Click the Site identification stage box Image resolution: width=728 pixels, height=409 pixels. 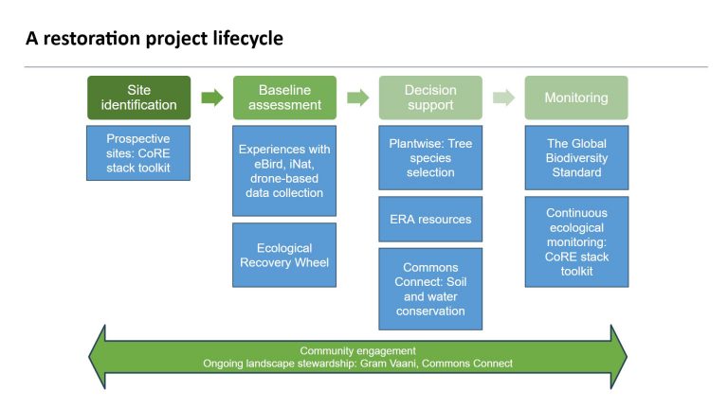tap(139, 98)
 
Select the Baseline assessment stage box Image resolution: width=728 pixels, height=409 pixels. tap(285, 98)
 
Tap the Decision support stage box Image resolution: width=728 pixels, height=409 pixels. tap(430, 98)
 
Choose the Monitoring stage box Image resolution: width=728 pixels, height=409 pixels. tap(576, 98)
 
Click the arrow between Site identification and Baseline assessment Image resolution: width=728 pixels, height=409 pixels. tap(212, 98)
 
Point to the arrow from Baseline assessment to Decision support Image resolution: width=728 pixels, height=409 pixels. tap(358, 98)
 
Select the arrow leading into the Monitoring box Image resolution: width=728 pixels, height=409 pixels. tap(503, 98)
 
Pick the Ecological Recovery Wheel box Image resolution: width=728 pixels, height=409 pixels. tap(285, 255)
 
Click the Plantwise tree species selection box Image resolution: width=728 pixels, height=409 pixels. tap(430, 158)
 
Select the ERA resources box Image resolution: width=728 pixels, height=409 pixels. tap(430, 220)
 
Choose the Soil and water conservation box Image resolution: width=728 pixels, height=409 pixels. tap(430, 289)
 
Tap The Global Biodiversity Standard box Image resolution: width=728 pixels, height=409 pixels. tap(576, 158)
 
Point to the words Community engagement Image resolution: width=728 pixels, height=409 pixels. tap(357, 350)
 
